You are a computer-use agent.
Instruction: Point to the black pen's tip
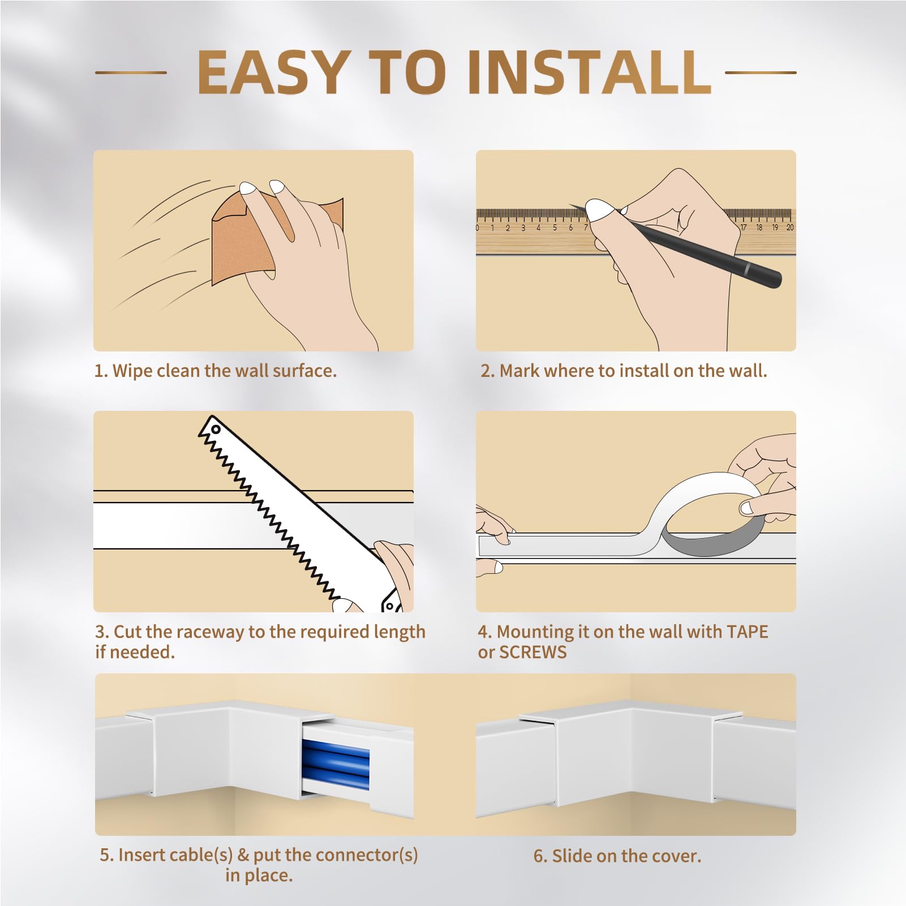tap(570, 205)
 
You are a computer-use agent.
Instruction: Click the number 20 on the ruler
tap(790, 227)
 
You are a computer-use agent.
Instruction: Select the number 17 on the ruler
tap(743, 227)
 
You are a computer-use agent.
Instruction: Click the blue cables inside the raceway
tap(336, 765)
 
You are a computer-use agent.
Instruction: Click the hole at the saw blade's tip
tap(215, 430)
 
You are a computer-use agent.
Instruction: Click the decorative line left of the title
tap(131, 72)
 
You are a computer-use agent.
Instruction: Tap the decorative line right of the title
tap(761, 72)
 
